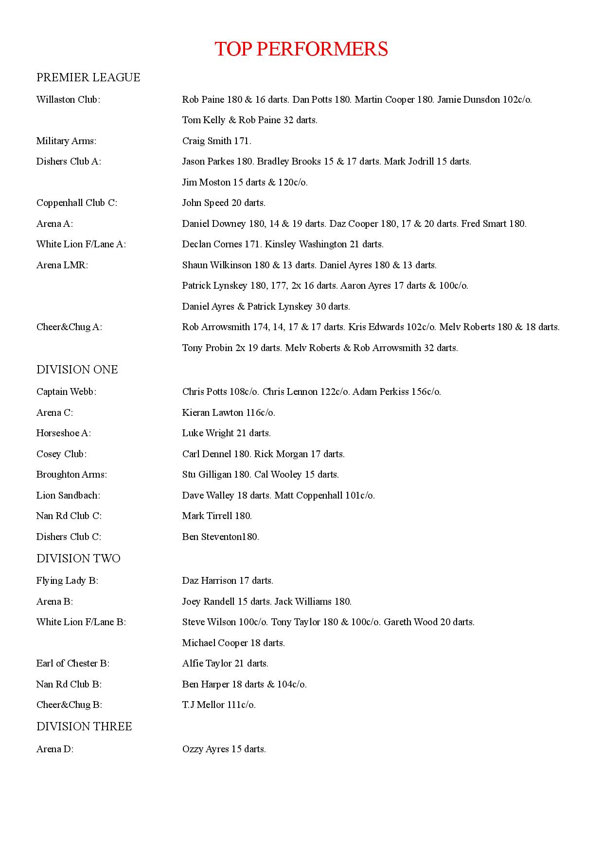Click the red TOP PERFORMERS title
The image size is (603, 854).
click(x=301, y=49)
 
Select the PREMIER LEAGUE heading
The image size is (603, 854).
click(x=88, y=77)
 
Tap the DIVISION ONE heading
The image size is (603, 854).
click(x=77, y=370)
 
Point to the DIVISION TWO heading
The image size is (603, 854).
click(x=78, y=558)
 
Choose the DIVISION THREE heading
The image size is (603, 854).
click(x=84, y=726)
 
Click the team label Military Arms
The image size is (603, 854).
click(x=66, y=141)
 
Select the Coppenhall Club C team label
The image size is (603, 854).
click(x=76, y=203)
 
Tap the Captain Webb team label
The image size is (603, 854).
click(x=66, y=391)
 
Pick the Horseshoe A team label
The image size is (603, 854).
click(x=63, y=433)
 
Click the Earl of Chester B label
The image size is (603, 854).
click(x=72, y=663)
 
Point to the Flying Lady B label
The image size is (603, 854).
click(x=67, y=580)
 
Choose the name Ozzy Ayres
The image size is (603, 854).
click(x=205, y=749)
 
